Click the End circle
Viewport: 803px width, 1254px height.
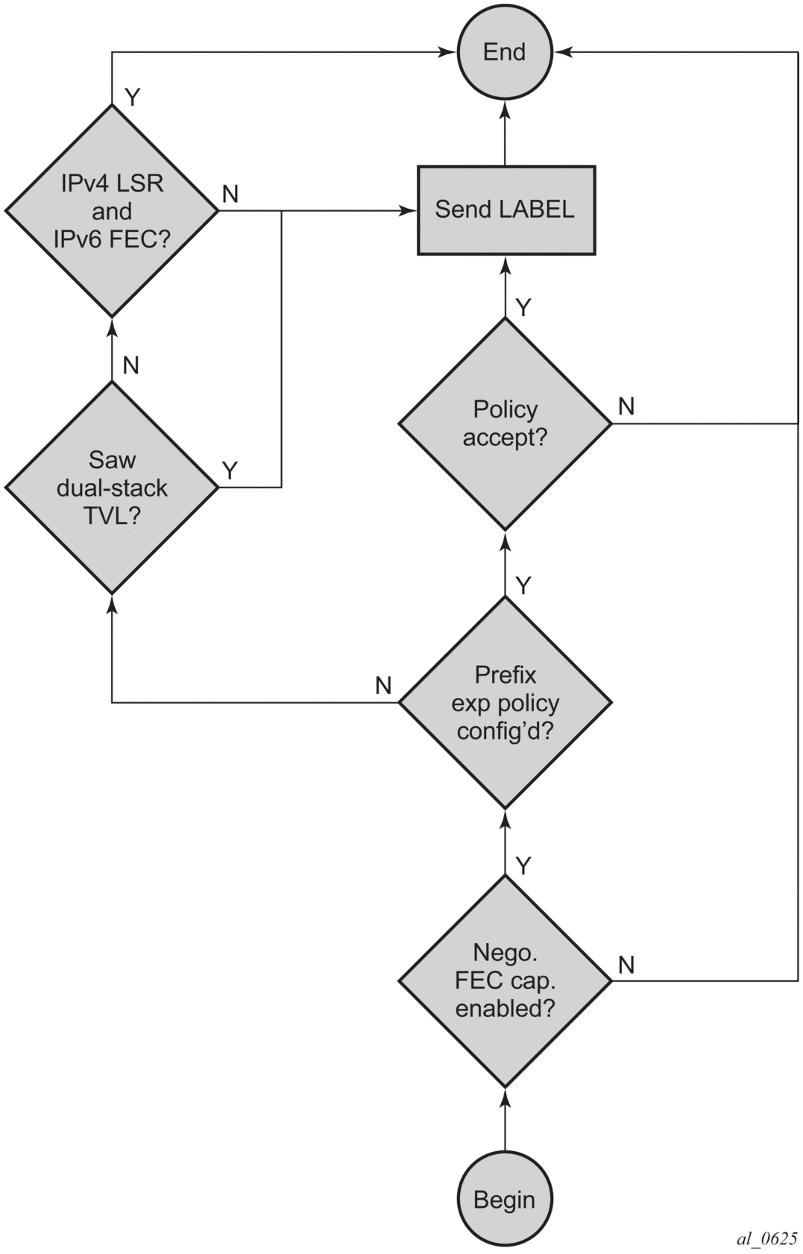[x=505, y=52]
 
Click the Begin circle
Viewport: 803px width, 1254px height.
[x=505, y=1199]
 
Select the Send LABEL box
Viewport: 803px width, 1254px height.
[x=506, y=209]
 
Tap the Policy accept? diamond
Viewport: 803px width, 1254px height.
[x=505, y=423]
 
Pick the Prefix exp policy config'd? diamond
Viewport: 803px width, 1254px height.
[x=505, y=702]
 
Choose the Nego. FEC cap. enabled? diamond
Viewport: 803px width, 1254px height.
[x=505, y=980]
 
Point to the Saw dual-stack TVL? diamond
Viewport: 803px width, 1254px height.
[x=112, y=488]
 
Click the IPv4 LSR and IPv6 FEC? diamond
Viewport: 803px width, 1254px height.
[x=112, y=211]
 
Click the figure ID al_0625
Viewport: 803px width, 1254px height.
[x=766, y=1238]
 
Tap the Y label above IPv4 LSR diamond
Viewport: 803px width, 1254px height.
[x=133, y=97]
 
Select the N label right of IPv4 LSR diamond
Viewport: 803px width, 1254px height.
[x=230, y=194]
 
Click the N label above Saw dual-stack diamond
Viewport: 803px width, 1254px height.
[x=131, y=365]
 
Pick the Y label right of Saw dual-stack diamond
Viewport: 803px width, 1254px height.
[x=230, y=470]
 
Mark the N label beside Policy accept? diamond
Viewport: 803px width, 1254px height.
[x=626, y=406]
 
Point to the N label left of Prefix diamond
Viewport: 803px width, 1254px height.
[x=383, y=685]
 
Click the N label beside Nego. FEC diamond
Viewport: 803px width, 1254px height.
[x=626, y=965]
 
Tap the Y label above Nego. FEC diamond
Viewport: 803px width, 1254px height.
[x=523, y=866]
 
